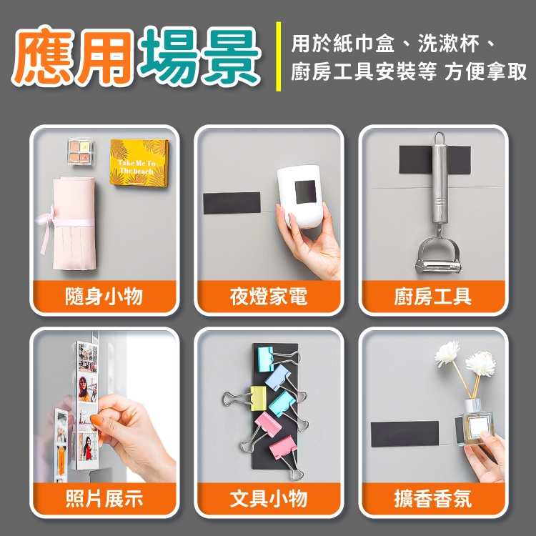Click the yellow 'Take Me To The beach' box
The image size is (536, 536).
(139, 162)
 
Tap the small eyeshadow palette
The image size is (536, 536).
(81, 152)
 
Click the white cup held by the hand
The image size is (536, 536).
(299, 197)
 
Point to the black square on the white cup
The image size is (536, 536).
(306, 192)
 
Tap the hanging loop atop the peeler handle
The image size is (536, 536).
(440, 138)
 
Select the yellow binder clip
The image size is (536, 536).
(258, 398)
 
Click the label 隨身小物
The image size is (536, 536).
(104, 296)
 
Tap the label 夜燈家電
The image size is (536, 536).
(269, 296)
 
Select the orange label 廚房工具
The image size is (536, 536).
(433, 296)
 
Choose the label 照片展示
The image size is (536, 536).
(104, 498)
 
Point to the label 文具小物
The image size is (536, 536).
(269, 498)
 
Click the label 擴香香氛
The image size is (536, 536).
(433, 498)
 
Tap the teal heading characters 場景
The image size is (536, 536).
(200, 56)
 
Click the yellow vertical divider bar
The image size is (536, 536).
(278, 56)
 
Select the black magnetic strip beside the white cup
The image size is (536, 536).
(232, 203)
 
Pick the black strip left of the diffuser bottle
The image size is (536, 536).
(405, 434)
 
